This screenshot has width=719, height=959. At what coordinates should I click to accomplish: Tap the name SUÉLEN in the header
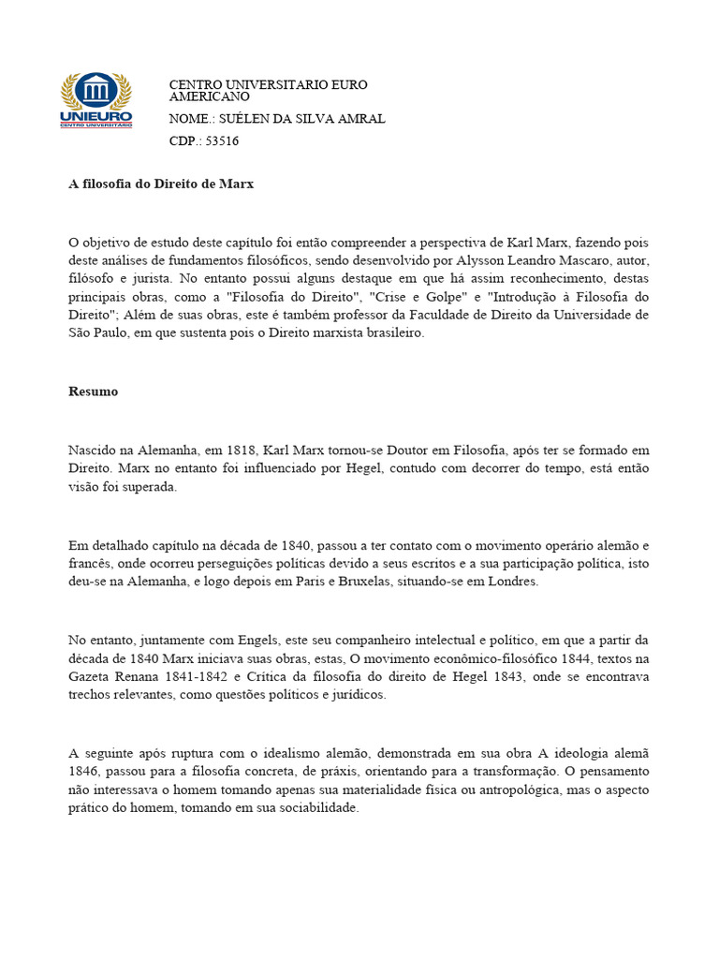click(245, 119)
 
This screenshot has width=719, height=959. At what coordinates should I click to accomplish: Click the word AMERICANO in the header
click(209, 96)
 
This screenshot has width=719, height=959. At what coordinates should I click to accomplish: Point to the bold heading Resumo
click(94, 391)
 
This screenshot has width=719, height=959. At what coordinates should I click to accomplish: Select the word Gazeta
click(90, 677)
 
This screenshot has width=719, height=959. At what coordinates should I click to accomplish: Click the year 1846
click(86, 771)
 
